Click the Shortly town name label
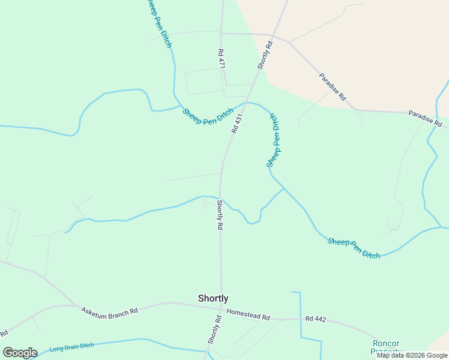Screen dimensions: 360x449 pos(213,298)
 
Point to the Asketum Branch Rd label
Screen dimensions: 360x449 pos(110,310)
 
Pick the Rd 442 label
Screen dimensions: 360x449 pos(315,319)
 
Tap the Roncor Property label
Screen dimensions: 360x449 pos(386,347)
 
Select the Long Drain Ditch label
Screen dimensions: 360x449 pos(71,347)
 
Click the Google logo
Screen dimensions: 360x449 pos(20,352)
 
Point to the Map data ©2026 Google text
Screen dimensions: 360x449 pos(412,355)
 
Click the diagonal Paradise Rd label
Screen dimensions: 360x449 pos(333,86)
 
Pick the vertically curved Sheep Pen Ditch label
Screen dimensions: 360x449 pos(274,140)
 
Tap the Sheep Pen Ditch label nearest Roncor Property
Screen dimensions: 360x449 pos(354,248)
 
